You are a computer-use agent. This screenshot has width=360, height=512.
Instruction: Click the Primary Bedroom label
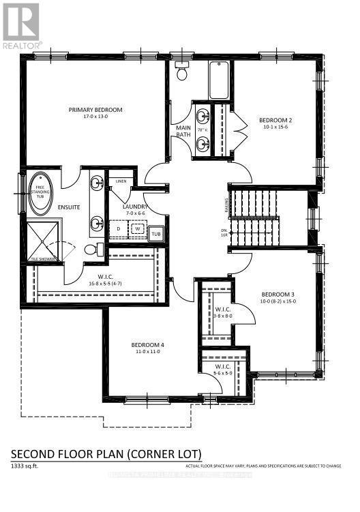95,109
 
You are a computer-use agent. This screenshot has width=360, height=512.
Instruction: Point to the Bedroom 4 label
148,345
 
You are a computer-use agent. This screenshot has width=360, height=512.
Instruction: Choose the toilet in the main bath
182,70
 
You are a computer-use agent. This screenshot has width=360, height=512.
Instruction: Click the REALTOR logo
21,27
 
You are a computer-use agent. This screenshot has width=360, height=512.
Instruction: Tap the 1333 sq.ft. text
25,466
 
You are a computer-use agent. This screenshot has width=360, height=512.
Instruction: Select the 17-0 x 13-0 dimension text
95,117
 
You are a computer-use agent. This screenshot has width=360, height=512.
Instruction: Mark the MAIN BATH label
183,130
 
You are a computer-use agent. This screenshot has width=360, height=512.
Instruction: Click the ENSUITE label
68,207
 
